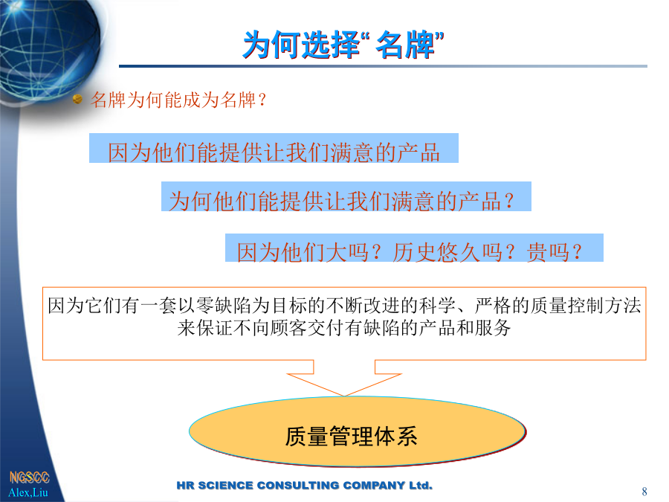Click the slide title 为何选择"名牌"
tap(343, 45)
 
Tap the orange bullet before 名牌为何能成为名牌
tap(77, 99)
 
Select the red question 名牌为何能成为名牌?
tap(178, 100)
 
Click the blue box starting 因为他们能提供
tap(274, 148)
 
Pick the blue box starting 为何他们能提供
tap(346, 196)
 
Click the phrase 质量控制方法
tap(586, 306)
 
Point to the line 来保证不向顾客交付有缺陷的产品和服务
tap(344, 328)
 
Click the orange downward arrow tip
tap(344, 396)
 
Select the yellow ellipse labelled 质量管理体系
tap(357, 432)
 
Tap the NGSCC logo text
tap(30, 477)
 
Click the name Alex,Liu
tap(28, 492)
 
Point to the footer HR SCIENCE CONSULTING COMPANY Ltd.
tap(305, 486)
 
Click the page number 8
tap(644, 492)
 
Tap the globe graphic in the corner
tap(49, 48)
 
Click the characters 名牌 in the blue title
tap(405, 45)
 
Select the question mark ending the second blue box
tap(509, 201)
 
